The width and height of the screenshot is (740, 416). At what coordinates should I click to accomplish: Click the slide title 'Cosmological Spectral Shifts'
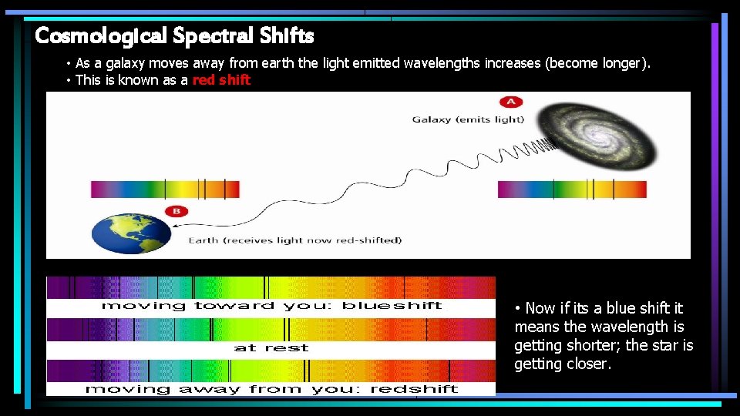coord(174,35)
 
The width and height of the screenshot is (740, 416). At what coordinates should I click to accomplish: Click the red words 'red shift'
coord(221,80)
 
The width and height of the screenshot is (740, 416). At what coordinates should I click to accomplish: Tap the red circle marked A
coord(510,102)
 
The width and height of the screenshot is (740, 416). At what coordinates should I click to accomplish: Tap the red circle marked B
coord(175,212)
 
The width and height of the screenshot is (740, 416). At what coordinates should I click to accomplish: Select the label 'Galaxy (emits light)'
coord(468,119)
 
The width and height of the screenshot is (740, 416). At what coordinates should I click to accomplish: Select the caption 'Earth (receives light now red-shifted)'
coord(295,240)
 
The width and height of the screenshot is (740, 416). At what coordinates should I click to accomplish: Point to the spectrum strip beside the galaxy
coord(572,189)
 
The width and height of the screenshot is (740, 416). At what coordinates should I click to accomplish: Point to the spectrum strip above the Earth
coord(165,189)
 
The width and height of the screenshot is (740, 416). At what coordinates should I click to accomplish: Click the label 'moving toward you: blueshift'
coord(271,306)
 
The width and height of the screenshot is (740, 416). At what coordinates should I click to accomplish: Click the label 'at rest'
coord(271,348)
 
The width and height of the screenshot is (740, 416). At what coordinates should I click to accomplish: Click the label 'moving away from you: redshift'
coord(271,389)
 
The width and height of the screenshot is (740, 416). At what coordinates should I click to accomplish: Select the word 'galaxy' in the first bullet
coord(126,63)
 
